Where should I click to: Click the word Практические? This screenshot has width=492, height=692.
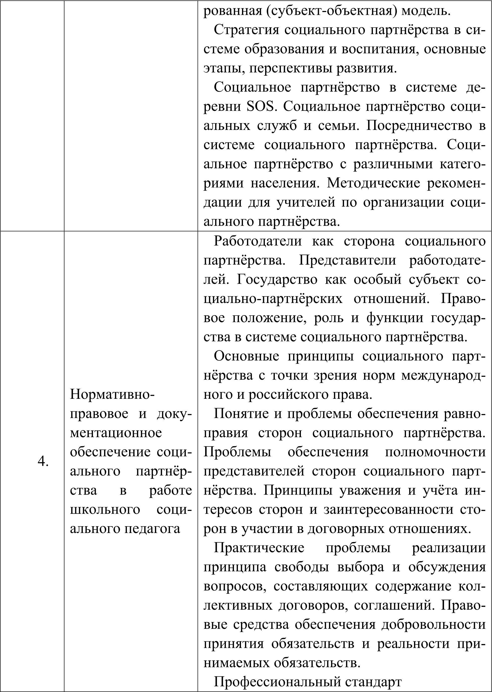pyautogui.click(x=259, y=548)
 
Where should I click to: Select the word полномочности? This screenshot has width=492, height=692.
pyautogui.click(x=435, y=452)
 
